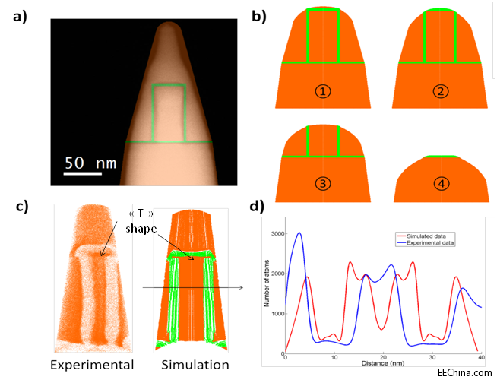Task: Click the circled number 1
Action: point(323,91)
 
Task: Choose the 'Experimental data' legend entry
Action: point(434,243)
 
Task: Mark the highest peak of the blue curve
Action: point(299,233)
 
